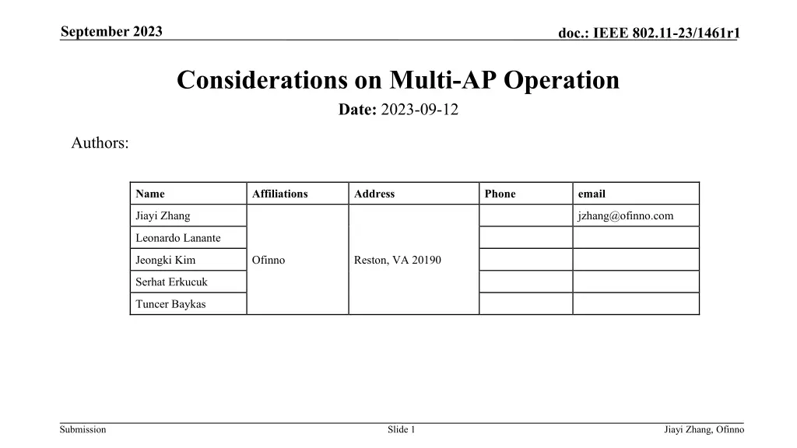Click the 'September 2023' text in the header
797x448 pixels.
(x=111, y=32)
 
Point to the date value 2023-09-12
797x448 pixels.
(x=420, y=110)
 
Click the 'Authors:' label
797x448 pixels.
(x=100, y=143)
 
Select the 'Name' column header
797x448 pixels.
(x=149, y=194)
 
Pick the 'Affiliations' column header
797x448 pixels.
(x=279, y=194)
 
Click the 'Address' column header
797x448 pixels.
(x=374, y=194)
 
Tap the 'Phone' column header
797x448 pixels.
(x=500, y=194)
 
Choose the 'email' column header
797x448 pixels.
(x=591, y=194)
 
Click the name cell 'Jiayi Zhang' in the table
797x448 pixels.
(x=163, y=216)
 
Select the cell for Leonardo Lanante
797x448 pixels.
(x=177, y=238)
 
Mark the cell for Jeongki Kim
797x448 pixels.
(x=165, y=260)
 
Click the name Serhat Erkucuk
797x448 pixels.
(x=171, y=282)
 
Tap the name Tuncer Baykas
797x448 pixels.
(x=170, y=304)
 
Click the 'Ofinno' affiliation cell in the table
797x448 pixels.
(x=269, y=260)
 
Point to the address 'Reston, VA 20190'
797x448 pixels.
(x=397, y=260)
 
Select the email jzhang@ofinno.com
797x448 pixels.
(x=625, y=216)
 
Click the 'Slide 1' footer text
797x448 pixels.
(x=401, y=430)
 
